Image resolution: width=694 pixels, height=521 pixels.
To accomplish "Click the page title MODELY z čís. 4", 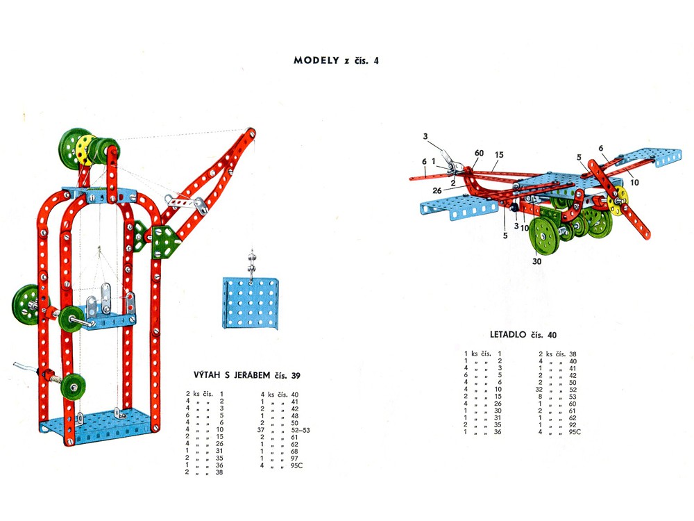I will [x=337, y=60].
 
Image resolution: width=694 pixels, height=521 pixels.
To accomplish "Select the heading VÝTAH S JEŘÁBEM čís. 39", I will [x=246, y=376].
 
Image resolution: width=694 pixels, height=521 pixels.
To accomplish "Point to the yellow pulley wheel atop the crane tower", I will [x=84, y=150].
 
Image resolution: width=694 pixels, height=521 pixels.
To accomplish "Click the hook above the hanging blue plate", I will [x=251, y=267].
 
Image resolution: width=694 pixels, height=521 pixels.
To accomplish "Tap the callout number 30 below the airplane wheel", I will [x=537, y=262].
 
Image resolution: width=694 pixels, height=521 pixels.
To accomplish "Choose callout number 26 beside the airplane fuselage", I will [x=438, y=190].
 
